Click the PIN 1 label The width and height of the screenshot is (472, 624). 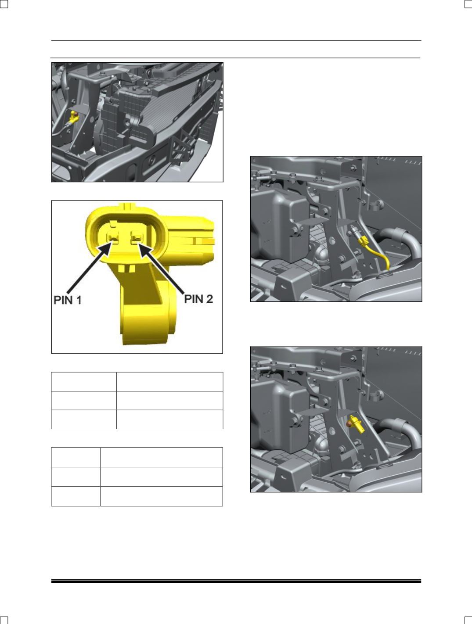[x=68, y=300]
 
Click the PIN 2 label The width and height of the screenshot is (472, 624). [x=198, y=299]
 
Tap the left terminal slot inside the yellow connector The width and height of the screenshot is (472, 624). [x=113, y=237]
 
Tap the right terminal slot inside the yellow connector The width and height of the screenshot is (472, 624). [x=137, y=237]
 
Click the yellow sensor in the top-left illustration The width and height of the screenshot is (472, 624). [x=74, y=117]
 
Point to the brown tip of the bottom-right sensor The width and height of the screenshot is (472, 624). [x=349, y=424]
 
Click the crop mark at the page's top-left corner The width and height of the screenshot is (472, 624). [x=4, y=4]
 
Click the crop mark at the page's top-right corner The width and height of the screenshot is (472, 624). [x=468, y=4]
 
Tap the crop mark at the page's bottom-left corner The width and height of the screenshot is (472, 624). [x=4, y=620]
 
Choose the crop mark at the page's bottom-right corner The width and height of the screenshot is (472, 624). [x=468, y=620]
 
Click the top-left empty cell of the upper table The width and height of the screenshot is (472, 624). [x=84, y=381]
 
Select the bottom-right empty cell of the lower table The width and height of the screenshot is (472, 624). [x=162, y=496]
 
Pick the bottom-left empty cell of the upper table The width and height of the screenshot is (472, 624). [x=84, y=419]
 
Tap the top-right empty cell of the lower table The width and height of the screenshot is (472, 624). [x=162, y=457]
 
